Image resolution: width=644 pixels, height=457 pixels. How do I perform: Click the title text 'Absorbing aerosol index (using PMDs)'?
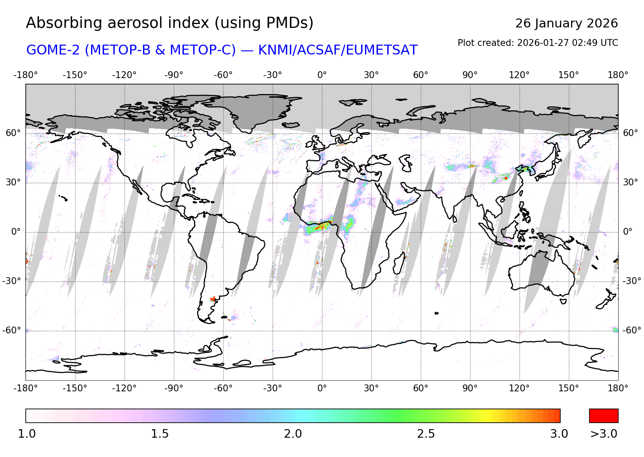tap(170, 23)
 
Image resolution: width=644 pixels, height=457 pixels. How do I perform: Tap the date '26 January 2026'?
tap(566, 23)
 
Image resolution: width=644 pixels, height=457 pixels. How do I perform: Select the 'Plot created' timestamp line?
tap(538, 43)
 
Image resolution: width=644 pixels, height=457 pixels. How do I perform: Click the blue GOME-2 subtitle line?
tap(222, 50)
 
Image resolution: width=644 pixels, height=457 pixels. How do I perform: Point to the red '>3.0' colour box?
tap(604, 415)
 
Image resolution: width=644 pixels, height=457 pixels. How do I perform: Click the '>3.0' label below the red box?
tap(604, 434)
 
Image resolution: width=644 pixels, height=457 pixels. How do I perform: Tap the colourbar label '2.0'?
tap(293, 434)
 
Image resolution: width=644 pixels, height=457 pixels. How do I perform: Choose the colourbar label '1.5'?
tap(160, 434)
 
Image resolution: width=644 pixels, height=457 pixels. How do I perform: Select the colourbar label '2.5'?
tap(426, 434)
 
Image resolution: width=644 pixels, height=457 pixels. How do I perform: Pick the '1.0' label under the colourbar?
tap(27, 434)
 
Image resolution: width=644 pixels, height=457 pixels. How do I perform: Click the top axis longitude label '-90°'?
tap(174, 75)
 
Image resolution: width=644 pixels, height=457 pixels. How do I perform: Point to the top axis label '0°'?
tap(322, 75)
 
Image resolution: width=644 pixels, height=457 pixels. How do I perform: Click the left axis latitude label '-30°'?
tap(11, 281)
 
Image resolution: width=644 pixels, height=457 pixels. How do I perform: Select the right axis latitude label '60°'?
tap(631, 133)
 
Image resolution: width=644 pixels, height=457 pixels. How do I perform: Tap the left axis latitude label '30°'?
tap(13, 182)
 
